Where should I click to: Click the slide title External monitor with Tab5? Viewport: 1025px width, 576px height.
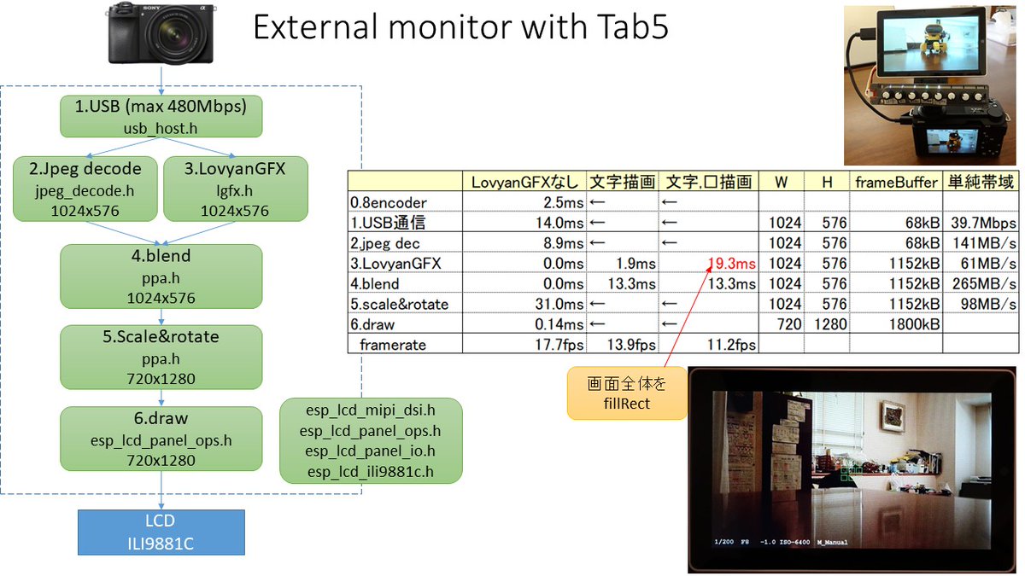click(x=460, y=30)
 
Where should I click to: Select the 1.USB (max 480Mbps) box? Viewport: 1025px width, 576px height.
click(x=161, y=116)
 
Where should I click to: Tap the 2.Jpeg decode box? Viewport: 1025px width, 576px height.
click(x=84, y=189)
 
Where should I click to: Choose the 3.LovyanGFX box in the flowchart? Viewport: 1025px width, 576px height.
click(x=234, y=189)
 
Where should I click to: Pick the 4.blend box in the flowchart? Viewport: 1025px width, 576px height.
click(x=161, y=276)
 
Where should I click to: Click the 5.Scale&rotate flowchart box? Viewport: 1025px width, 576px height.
click(x=161, y=357)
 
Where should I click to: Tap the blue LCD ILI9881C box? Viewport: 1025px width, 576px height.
click(x=161, y=532)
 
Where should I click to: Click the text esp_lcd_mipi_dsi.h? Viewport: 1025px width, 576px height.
click(x=371, y=410)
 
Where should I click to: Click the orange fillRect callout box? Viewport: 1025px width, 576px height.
click(x=627, y=394)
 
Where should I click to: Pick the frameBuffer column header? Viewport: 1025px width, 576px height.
click(x=896, y=182)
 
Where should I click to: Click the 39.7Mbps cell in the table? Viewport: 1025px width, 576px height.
click(x=981, y=223)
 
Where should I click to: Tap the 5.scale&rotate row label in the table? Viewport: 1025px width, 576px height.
click(x=400, y=305)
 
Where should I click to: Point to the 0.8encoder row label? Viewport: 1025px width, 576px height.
click(x=389, y=202)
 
